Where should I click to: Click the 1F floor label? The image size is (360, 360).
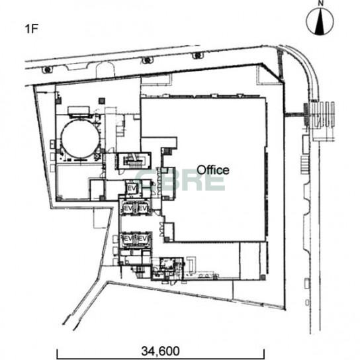point(32,29)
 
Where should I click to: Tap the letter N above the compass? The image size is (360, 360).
point(321,3)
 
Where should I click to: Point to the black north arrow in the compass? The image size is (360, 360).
point(320,22)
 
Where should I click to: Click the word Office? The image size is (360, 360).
point(213,170)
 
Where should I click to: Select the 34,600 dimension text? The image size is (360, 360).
point(160,351)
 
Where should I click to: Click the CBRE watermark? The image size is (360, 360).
point(180,179)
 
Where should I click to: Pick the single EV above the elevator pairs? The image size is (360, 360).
point(132,189)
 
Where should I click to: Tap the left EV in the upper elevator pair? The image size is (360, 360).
point(128,208)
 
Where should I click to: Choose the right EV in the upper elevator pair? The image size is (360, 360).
point(142,208)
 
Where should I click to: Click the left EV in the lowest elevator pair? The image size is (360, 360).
point(128,239)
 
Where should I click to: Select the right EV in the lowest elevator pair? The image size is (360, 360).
point(142,239)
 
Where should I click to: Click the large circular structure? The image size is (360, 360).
point(80,139)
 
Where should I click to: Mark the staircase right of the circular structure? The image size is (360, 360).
point(134,161)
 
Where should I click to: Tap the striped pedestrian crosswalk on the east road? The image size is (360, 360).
point(322,114)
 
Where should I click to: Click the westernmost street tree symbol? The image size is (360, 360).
point(47,69)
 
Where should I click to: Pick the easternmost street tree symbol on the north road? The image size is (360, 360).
point(197,56)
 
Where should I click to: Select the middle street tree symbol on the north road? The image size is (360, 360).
point(147,60)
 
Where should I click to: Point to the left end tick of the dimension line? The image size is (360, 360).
point(57,353)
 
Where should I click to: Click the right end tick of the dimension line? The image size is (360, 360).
point(264,353)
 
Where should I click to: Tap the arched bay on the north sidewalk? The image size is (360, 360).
point(105,69)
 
